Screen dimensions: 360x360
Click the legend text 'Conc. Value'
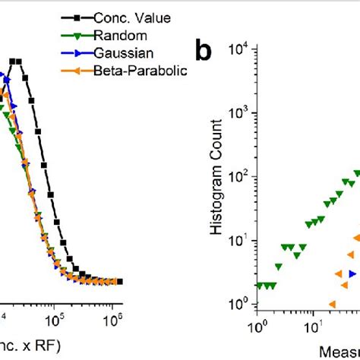point(133,15)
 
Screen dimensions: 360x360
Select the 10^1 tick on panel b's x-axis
point(311,329)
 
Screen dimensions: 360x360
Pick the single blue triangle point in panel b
point(352,273)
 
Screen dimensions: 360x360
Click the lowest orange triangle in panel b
point(331,304)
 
